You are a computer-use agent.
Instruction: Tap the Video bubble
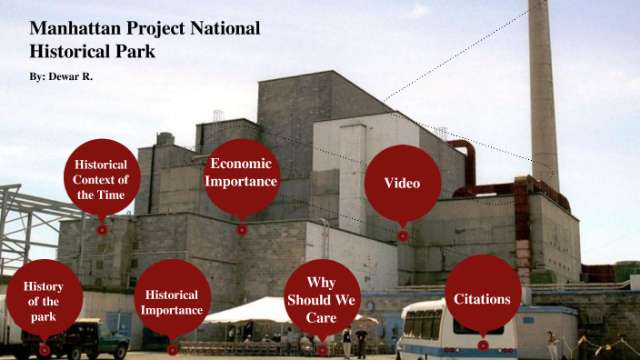point(402,183)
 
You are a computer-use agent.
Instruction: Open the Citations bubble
point(482,298)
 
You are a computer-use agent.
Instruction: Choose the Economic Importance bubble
point(241,173)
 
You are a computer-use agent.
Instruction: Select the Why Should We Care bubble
point(321,300)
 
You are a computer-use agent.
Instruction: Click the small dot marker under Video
point(403,235)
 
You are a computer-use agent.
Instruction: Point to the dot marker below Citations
point(483,345)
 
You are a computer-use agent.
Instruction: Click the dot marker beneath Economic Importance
point(242,230)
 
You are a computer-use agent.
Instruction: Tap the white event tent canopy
point(245,310)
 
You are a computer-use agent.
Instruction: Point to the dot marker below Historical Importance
point(173,349)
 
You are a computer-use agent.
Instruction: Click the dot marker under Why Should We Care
point(321,349)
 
